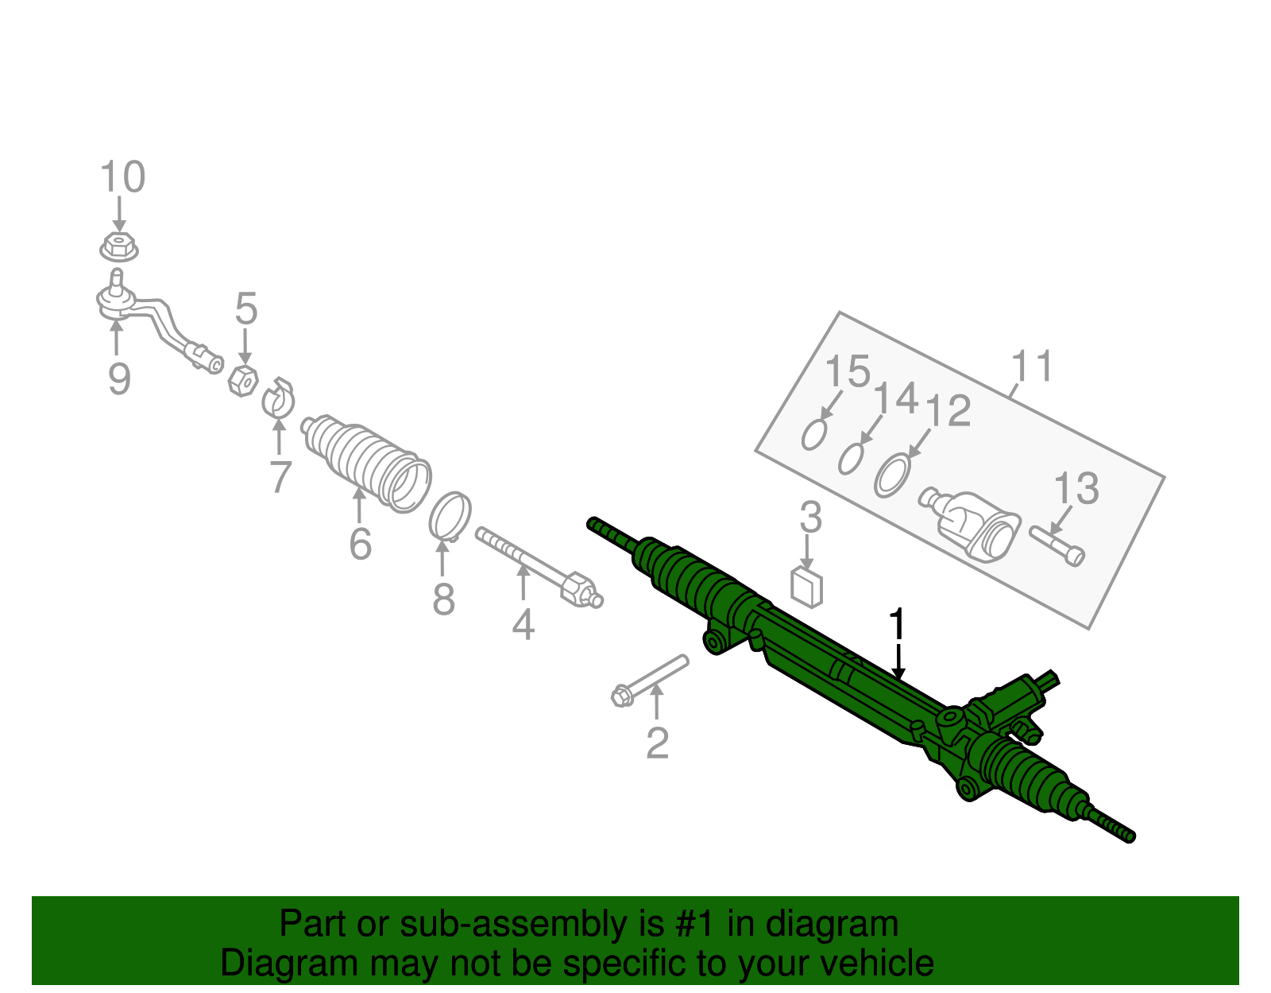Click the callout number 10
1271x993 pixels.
pyautogui.click(x=123, y=177)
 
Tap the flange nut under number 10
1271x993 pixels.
pyautogui.click(x=119, y=247)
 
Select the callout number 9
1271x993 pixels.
pyautogui.click(x=119, y=379)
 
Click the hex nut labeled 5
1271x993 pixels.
pyautogui.click(x=243, y=382)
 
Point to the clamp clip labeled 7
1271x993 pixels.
pyautogui.click(x=278, y=400)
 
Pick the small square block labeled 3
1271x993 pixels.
pyautogui.click(x=807, y=588)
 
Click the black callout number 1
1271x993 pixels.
pyautogui.click(x=897, y=625)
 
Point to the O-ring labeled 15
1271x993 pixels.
pyautogui.click(x=813, y=434)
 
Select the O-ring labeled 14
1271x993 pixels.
pyautogui.click(x=851, y=459)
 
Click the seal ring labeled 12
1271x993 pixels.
pyautogui.click(x=892, y=475)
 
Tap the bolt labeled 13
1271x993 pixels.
pyautogui.click(x=1057, y=545)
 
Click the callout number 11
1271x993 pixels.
pyautogui.click(x=1032, y=367)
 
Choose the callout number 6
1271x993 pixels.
pyautogui.click(x=360, y=544)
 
